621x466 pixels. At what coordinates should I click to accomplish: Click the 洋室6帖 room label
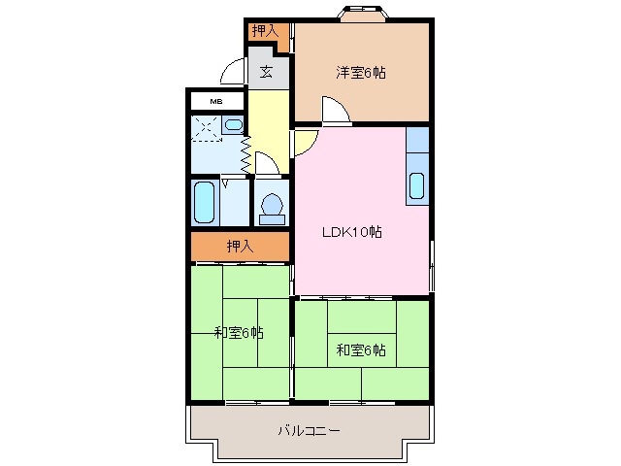click(x=361, y=72)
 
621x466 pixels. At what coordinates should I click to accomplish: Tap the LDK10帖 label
click(x=350, y=233)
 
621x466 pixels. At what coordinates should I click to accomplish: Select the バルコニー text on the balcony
click(x=309, y=430)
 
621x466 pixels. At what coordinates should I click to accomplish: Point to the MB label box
click(x=216, y=101)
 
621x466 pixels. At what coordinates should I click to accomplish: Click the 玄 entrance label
click(x=265, y=72)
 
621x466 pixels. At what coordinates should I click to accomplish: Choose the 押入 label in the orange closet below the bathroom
click(x=240, y=247)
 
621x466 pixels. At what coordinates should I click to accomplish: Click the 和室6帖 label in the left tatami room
click(x=239, y=333)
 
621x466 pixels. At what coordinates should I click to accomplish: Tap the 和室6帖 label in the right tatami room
click(x=361, y=349)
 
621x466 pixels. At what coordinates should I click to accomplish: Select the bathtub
click(x=205, y=201)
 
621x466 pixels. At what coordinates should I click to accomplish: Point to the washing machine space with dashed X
click(x=205, y=127)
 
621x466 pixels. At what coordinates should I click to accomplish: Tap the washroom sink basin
click(x=233, y=124)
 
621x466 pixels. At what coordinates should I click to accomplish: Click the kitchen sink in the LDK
click(x=417, y=185)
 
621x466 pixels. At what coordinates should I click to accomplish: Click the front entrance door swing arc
click(x=233, y=74)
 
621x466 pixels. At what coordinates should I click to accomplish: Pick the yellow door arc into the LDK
click(x=304, y=143)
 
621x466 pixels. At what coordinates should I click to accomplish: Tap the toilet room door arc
click(x=267, y=165)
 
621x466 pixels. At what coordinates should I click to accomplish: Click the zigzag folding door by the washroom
click(x=245, y=151)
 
